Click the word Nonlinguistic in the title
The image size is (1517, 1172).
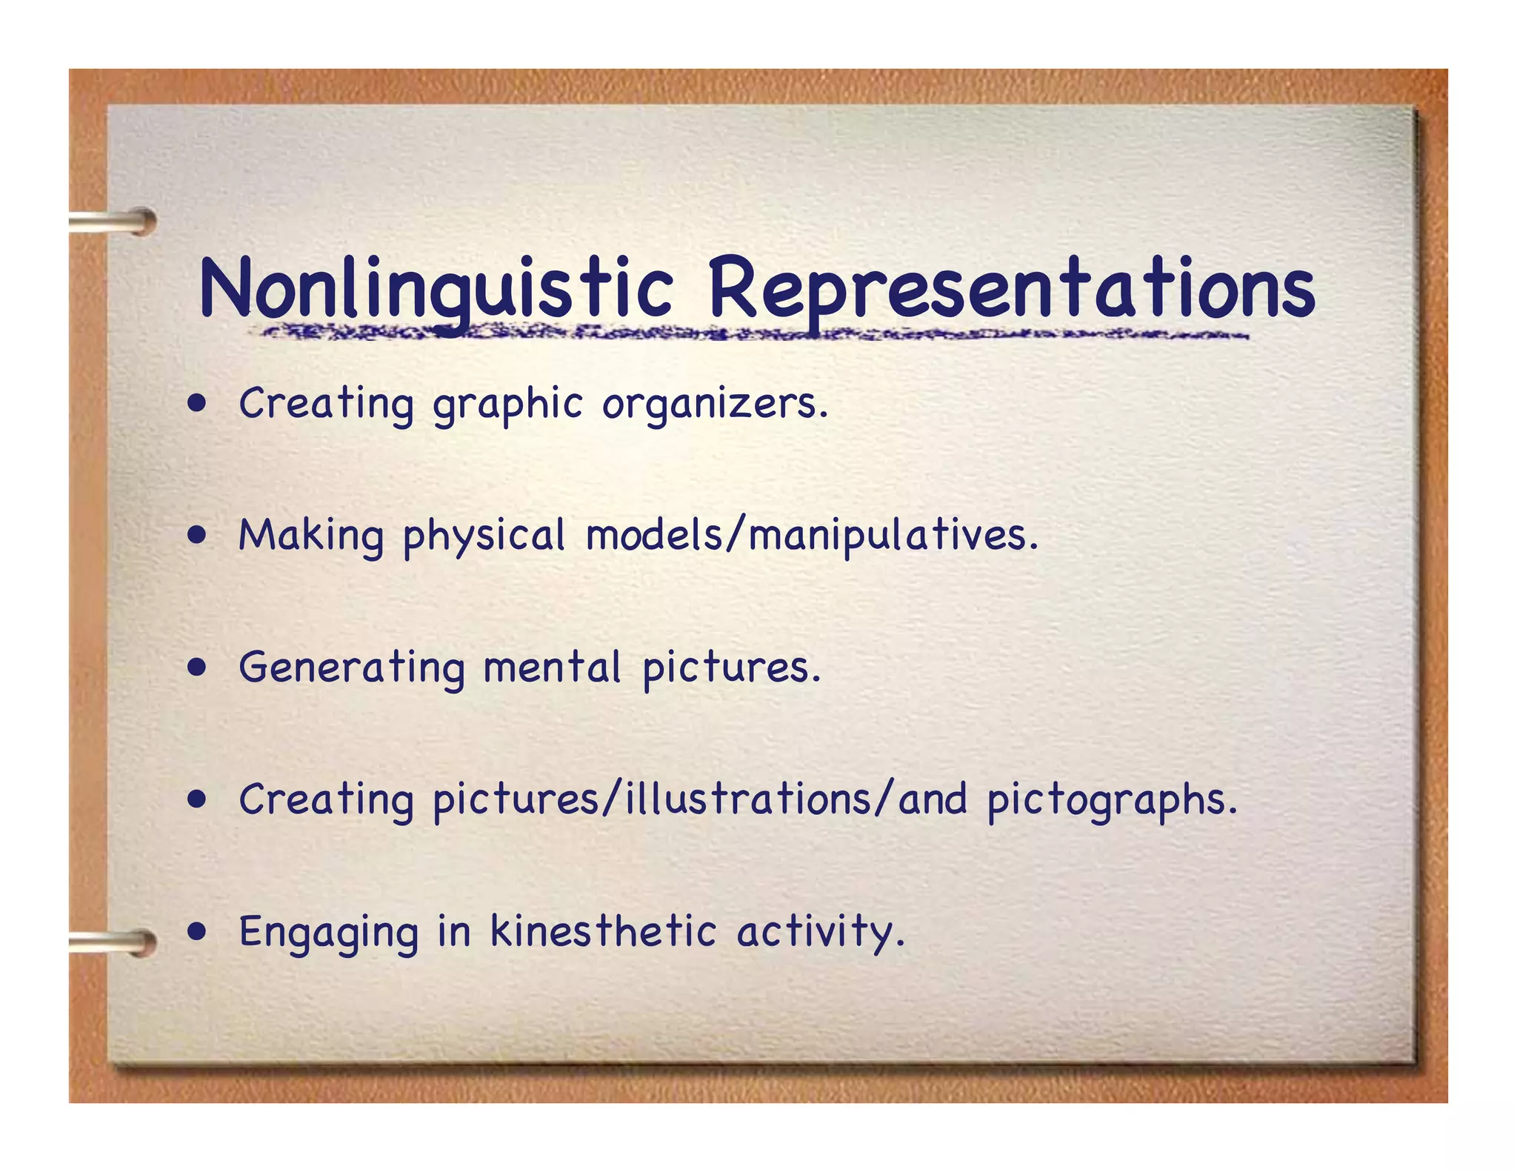436,289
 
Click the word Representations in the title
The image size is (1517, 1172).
1011,289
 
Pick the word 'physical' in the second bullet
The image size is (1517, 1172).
484,536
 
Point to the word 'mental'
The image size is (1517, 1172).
552,667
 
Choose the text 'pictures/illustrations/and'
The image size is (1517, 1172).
700,800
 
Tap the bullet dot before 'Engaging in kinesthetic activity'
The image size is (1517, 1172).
196,931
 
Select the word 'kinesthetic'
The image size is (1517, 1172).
603,930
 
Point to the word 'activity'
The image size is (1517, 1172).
820,932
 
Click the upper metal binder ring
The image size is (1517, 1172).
115,222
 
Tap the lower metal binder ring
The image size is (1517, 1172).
115,942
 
